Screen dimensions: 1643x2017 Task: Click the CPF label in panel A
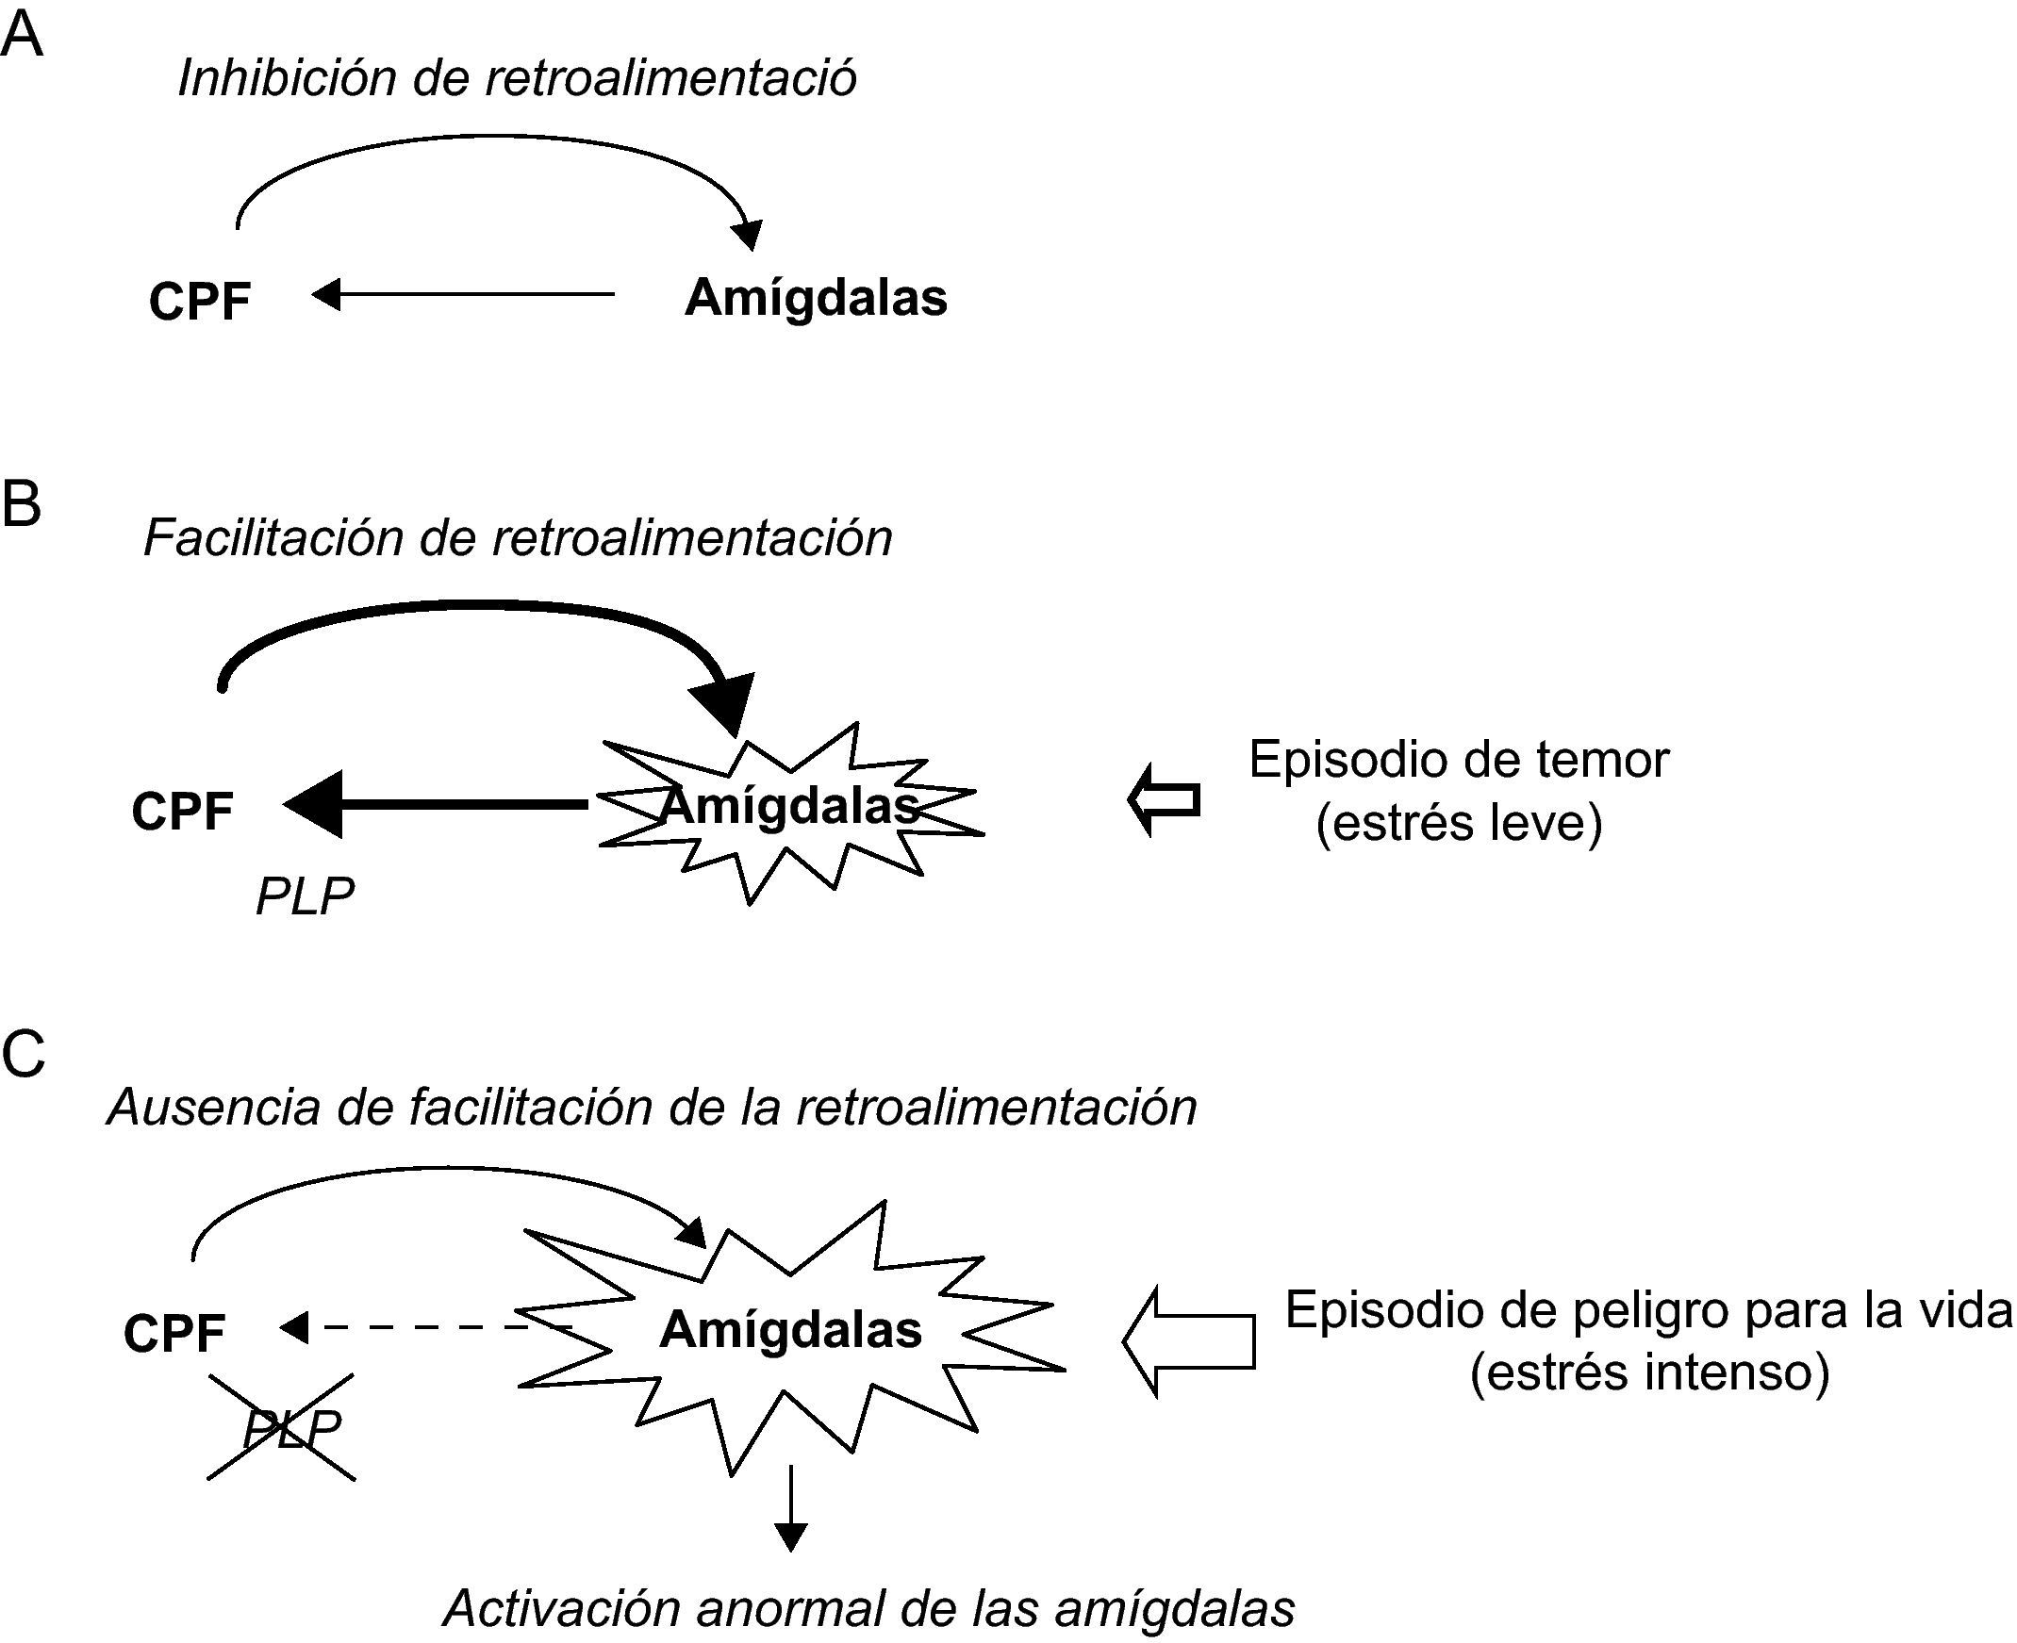(x=200, y=302)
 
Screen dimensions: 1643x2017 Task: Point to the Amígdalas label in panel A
(x=815, y=298)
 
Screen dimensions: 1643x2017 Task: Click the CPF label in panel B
(x=182, y=811)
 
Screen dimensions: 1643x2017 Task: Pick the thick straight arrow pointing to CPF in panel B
(x=436, y=804)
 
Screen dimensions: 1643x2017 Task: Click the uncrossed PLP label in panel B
(x=305, y=895)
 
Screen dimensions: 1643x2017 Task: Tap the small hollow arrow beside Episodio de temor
(x=1164, y=799)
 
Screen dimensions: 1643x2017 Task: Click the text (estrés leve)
(x=1459, y=822)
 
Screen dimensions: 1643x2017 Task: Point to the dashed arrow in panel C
(x=417, y=1327)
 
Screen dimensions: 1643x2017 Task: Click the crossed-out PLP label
(x=289, y=1428)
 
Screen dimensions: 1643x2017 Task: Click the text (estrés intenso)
(x=1649, y=1372)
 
